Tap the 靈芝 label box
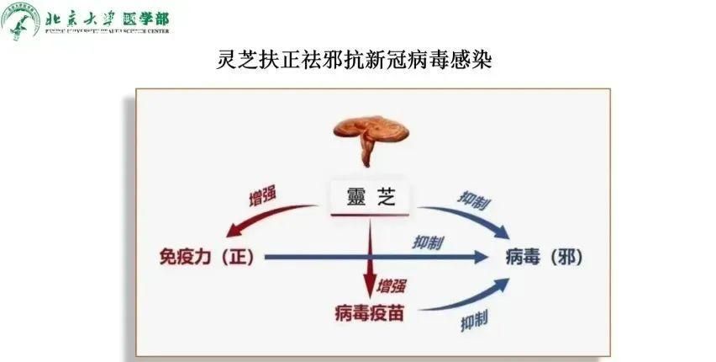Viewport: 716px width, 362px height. click(369, 198)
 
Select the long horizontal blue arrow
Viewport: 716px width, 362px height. click(378, 257)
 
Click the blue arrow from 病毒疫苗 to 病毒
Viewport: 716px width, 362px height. click(471, 299)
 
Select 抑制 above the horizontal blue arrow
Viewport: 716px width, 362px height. click(429, 242)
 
